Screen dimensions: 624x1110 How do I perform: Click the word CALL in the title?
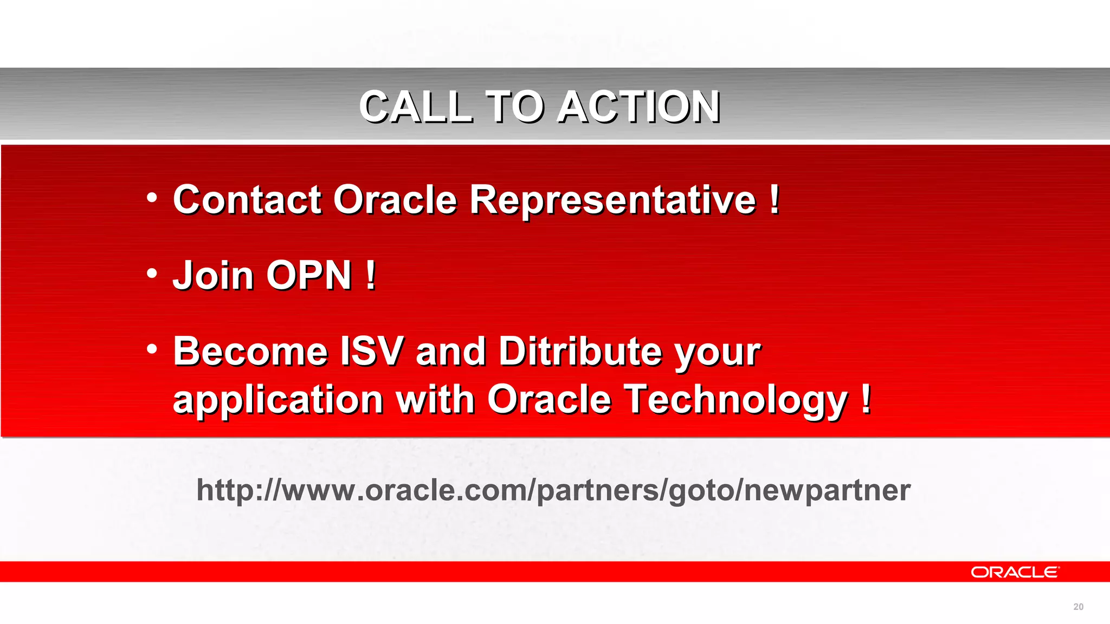416,107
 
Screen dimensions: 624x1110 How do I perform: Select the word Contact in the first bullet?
247,200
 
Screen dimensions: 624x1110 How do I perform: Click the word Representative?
612,200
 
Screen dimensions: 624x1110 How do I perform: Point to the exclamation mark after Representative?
775,200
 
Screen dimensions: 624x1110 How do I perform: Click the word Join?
212,276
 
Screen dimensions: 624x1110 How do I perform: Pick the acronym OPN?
309,276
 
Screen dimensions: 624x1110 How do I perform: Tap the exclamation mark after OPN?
371,276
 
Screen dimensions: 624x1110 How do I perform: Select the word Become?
250,352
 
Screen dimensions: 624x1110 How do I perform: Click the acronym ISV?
372,352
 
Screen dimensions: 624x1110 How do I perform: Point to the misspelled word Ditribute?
580,352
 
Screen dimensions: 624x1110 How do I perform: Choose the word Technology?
735,400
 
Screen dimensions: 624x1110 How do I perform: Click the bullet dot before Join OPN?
152,274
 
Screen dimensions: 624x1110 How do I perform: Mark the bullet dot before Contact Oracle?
152,198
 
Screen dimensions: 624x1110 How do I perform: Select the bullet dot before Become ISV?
152,349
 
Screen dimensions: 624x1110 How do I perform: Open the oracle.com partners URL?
553,490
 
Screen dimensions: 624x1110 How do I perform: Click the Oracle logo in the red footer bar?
1014,573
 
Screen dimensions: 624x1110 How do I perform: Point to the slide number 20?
1078,607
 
